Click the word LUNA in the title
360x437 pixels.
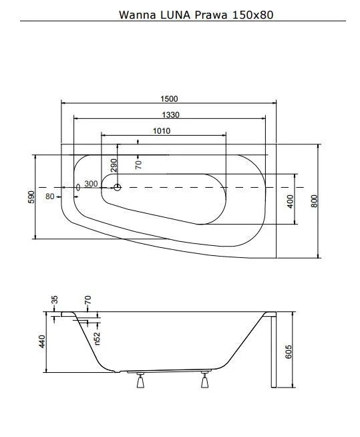tap(175, 15)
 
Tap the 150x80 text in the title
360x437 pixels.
tap(253, 15)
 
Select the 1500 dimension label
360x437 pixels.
tap(169, 99)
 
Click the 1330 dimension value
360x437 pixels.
tap(170, 114)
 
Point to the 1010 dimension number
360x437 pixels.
tap(162, 131)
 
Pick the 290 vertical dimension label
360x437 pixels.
tap(114, 165)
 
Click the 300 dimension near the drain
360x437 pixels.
tap(91, 184)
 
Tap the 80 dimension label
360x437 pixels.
tap(50, 196)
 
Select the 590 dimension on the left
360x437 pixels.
tap(31, 197)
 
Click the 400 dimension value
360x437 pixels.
tap(290, 202)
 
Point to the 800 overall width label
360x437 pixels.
tap(314, 201)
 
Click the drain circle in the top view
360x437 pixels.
tap(118, 187)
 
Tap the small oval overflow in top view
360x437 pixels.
tap(78, 187)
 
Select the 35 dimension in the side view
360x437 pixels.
tap(55, 299)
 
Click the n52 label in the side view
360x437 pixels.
tap(97, 338)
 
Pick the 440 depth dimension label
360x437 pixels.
tap(42, 341)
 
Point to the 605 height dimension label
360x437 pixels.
tap(289, 351)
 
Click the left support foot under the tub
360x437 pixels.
tap(140, 380)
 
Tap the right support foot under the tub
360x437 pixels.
tap(205, 380)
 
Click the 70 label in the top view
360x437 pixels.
tap(138, 165)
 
